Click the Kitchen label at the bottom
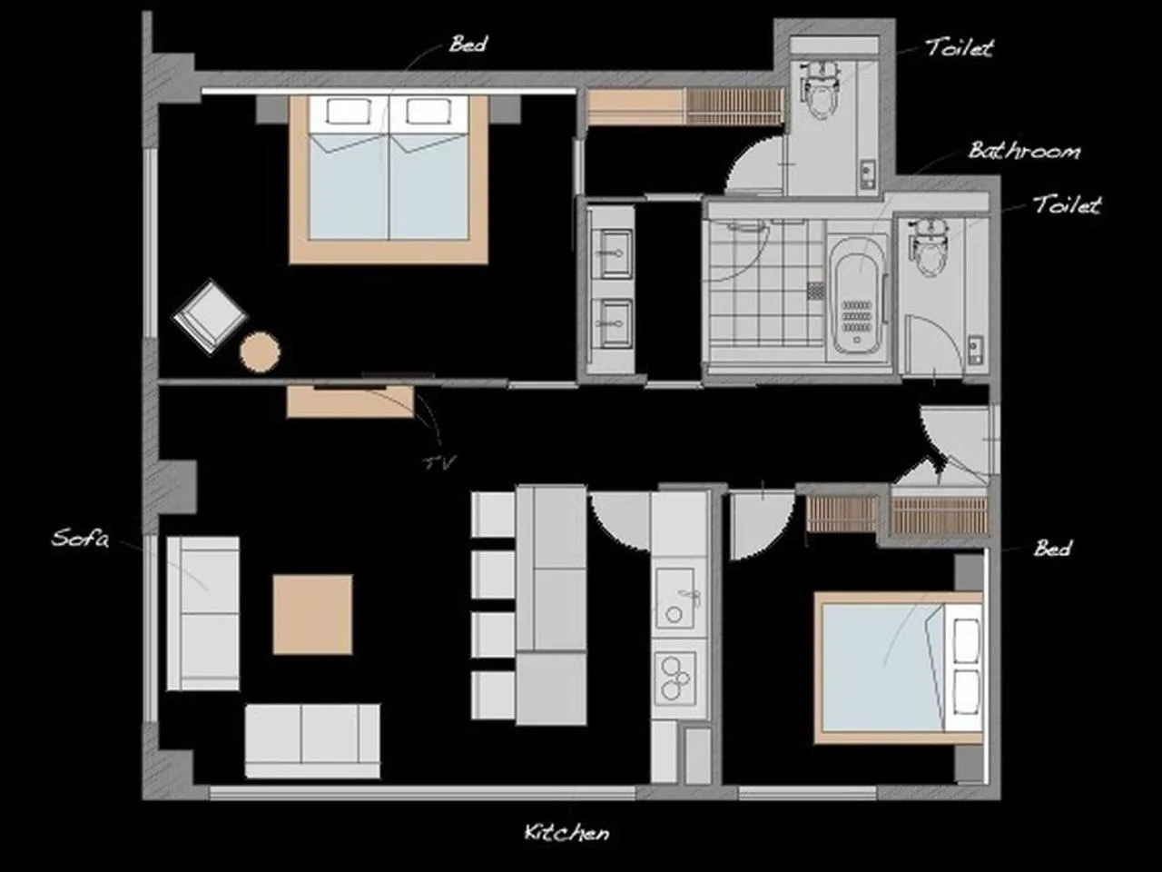click(566, 832)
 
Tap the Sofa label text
click(80, 538)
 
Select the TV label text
click(438, 462)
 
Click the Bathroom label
click(1024, 150)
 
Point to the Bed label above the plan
click(468, 44)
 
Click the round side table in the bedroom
click(261, 352)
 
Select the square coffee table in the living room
click(312, 614)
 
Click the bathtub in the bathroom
click(857, 295)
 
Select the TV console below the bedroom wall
click(350, 401)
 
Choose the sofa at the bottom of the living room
click(313, 739)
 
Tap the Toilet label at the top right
click(959, 47)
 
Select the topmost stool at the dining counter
click(494, 514)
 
